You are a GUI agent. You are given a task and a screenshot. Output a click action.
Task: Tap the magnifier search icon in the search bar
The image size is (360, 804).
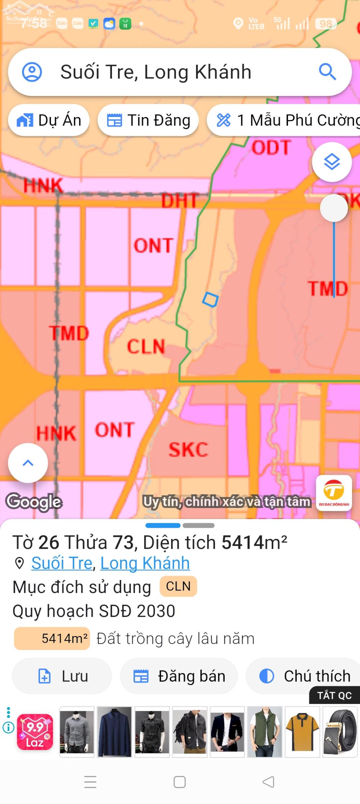tap(327, 72)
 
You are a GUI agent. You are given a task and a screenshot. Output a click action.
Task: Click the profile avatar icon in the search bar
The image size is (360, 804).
tap(32, 72)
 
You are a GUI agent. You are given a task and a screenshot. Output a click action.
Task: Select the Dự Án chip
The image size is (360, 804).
tap(49, 120)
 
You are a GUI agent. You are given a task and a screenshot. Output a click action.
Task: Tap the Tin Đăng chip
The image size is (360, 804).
tap(148, 120)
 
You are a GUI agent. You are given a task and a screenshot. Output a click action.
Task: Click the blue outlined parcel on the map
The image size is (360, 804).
tap(210, 299)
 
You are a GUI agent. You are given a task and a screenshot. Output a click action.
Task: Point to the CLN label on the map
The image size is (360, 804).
tap(146, 346)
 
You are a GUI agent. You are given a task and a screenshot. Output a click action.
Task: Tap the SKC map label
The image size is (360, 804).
tap(188, 449)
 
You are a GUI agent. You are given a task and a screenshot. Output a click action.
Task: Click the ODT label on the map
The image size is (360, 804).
tap(271, 148)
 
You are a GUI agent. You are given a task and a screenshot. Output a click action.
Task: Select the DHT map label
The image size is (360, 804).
tap(179, 201)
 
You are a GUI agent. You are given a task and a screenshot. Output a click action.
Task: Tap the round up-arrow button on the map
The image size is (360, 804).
tap(28, 463)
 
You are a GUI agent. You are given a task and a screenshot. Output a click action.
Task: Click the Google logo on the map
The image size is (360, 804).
tap(34, 502)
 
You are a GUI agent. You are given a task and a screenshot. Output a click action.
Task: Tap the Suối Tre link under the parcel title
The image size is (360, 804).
tap(62, 563)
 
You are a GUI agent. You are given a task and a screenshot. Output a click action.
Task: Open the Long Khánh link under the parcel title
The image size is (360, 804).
tap(145, 563)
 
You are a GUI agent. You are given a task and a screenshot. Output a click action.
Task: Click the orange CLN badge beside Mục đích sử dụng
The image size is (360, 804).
tap(178, 586)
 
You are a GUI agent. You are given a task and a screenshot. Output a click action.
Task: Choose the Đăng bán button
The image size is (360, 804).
tap(179, 676)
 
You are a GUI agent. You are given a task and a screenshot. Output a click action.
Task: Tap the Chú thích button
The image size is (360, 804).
tap(305, 676)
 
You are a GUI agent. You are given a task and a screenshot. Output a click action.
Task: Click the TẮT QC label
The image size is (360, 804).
tap(334, 695)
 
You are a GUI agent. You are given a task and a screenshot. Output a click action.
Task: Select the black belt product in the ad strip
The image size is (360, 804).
tap(340, 732)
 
